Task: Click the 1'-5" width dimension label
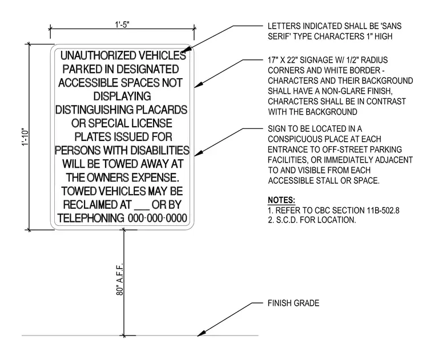coord(122,25)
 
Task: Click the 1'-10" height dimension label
coord(26,137)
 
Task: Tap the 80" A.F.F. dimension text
coord(119,279)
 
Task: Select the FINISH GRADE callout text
coord(294,303)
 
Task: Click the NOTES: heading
coord(282,200)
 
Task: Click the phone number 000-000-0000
coord(158,218)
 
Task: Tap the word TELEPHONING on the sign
coord(91,218)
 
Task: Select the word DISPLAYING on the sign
coord(122,96)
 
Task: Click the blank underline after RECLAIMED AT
coord(142,208)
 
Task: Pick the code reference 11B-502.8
coord(383,211)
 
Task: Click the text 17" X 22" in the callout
coord(283,60)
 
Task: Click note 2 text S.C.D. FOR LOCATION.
coord(316,220)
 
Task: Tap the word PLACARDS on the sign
coord(162,110)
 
